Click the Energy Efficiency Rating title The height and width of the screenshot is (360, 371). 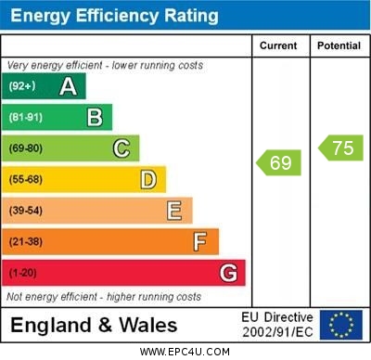[114, 16]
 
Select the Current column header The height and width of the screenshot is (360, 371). [278, 45]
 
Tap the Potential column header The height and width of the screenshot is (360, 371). [339, 45]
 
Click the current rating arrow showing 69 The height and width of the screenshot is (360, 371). [278, 163]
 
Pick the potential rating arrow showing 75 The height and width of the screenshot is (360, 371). [340, 148]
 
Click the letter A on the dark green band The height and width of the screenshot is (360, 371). [68, 87]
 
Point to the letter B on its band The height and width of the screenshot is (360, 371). [95, 118]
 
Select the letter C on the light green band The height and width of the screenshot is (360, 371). [122, 148]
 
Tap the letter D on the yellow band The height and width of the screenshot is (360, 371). [148, 179]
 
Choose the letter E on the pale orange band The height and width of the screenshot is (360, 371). [174, 211]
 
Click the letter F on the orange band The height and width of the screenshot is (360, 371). [200, 242]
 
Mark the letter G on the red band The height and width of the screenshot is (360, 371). [227, 273]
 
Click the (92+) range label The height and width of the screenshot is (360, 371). [23, 87]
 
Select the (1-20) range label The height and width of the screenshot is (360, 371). [23, 274]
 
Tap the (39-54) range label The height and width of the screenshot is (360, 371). [26, 212]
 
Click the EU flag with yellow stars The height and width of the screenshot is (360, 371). [341, 324]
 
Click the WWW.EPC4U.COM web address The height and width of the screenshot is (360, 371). [185, 353]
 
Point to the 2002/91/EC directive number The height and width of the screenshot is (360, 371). [277, 331]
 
